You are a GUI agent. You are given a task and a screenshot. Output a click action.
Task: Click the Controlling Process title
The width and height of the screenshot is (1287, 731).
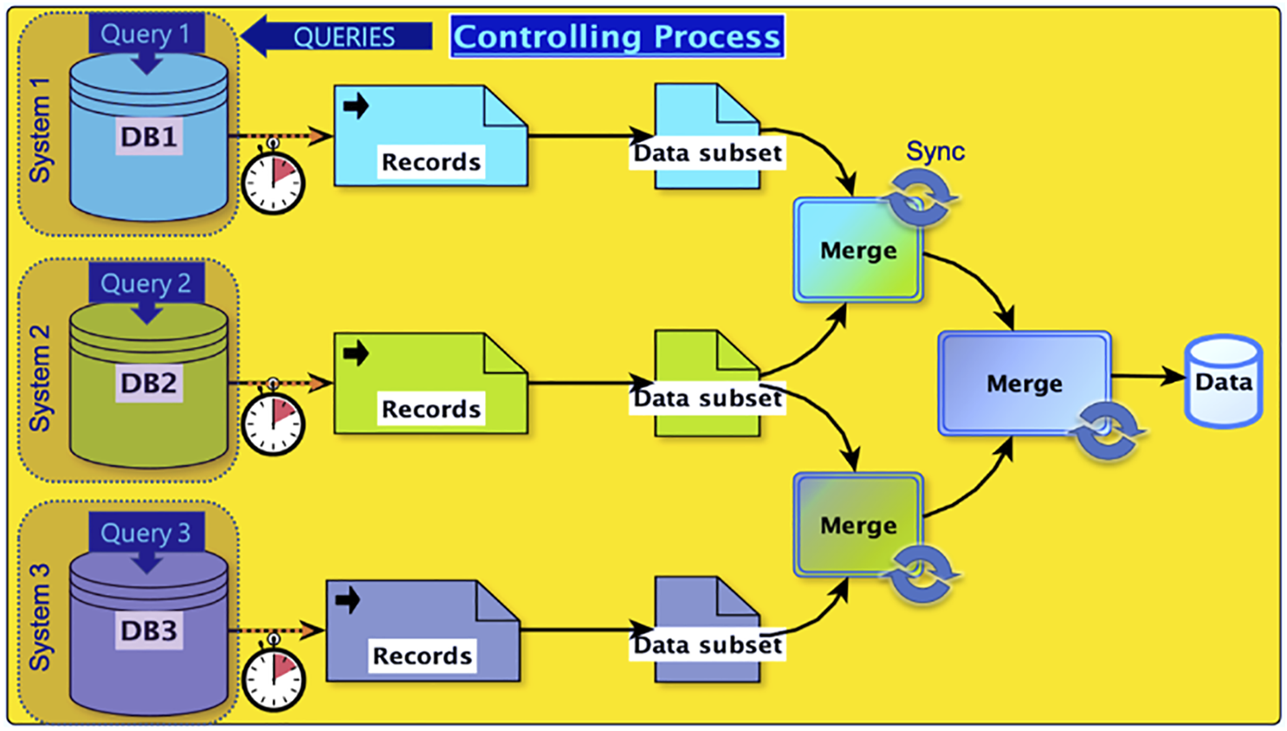(x=617, y=36)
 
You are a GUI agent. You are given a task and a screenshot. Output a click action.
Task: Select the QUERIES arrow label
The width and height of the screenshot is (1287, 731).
(x=343, y=36)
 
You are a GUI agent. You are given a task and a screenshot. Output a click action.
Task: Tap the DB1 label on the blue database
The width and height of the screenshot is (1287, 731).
(x=148, y=137)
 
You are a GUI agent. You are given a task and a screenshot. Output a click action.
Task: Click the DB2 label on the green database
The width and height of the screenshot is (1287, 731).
(x=148, y=383)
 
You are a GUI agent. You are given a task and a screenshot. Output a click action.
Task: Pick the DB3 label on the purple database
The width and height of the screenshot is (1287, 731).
(x=148, y=630)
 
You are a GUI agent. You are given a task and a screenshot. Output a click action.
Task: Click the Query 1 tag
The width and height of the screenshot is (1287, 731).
(x=146, y=35)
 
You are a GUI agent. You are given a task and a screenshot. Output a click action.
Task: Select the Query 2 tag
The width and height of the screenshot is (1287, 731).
(x=146, y=283)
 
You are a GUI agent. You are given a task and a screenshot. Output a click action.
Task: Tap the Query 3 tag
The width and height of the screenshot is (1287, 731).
(x=146, y=532)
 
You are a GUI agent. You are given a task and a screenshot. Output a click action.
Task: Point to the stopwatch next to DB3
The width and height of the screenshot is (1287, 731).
(x=273, y=678)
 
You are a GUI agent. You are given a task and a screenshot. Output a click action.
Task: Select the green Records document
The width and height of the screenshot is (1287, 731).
(x=430, y=384)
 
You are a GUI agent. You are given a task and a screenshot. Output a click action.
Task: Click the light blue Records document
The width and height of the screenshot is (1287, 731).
(x=430, y=136)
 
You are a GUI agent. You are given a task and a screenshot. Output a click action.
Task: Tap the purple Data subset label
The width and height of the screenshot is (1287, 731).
(x=708, y=644)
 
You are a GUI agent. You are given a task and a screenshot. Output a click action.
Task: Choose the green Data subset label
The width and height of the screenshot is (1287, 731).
(x=708, y=398)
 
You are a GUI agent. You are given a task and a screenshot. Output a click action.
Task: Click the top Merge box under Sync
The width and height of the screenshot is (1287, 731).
(x=857, y=250)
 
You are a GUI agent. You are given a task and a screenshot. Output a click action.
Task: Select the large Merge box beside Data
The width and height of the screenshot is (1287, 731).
(x=1024, y=383)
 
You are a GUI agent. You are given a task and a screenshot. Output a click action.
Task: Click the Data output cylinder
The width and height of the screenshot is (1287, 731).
(x=1223, y=382)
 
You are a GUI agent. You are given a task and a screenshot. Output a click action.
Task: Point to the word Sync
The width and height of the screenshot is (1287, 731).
(x=935, y=152)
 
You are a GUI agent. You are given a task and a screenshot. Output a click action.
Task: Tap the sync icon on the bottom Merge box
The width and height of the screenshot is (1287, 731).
(x=921, y=573)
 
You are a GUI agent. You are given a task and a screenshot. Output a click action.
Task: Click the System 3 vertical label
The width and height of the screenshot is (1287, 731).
(x=40, y=617)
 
